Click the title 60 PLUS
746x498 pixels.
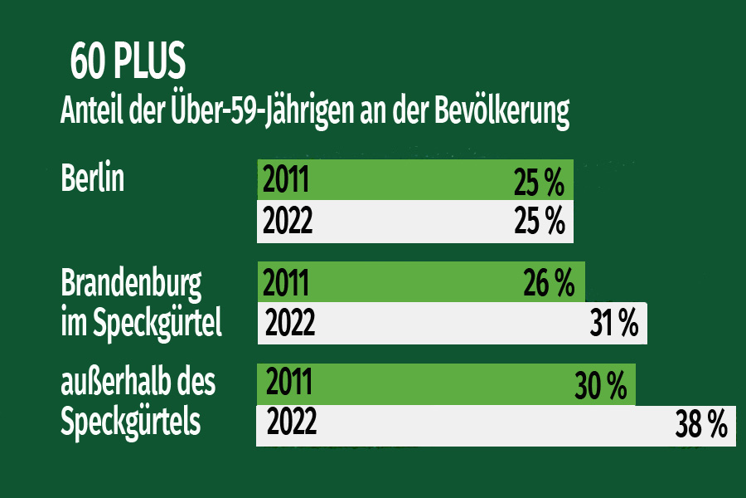point(128,62)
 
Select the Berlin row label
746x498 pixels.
point(93,178)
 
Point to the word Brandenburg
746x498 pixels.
point(131,285)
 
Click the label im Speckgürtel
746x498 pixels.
point(141,322)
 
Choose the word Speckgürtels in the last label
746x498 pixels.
point(130,421)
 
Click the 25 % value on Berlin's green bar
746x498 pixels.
point(539,181)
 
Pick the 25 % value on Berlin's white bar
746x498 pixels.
point(539,222)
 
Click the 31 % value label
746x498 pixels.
point(613,324)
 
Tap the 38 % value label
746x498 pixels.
point(701,426)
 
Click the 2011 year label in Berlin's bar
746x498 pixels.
point(286,179)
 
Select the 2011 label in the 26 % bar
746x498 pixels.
point(286,283)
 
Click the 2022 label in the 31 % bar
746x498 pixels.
point(289,323)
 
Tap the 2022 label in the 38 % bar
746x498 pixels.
point(291,423)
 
